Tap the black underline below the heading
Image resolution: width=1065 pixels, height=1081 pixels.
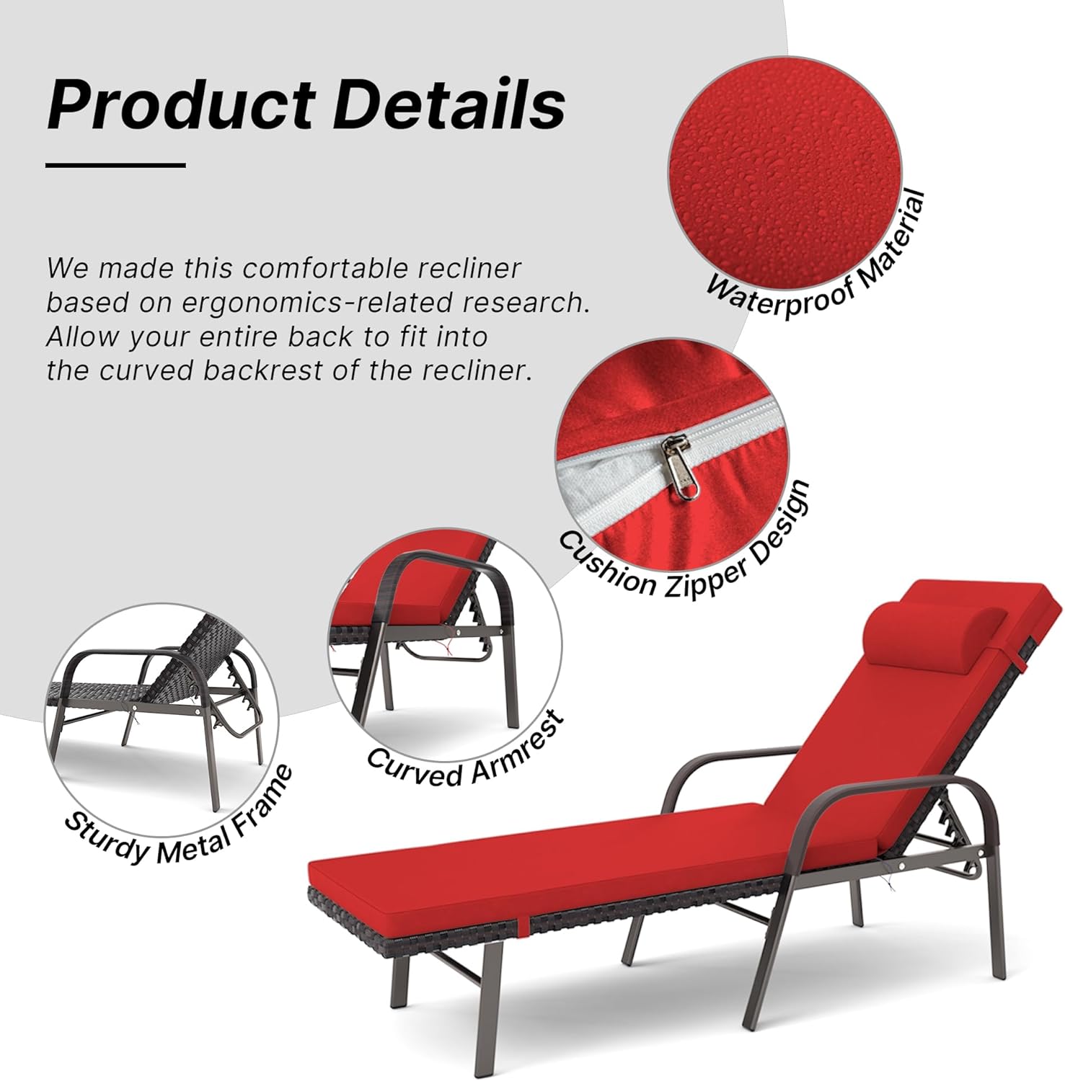pyautogui.click(x=115, y=165)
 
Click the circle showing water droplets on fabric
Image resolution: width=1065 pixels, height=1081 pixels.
pyautogui.click(x=785, y=173)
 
